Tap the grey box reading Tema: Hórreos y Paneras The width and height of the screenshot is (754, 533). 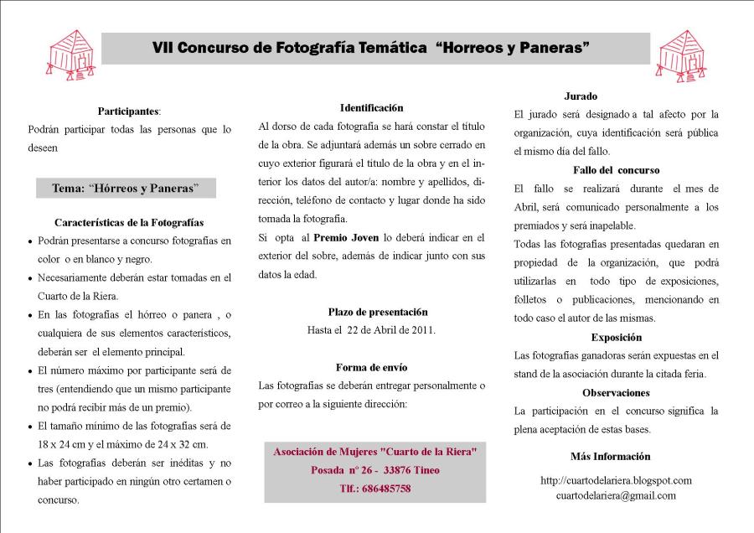click(126, 189)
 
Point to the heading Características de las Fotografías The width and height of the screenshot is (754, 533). click(129, 223)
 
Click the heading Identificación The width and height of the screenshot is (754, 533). click(371, 107)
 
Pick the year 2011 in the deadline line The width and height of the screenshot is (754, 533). click(421, 330)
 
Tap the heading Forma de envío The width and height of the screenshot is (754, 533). click(371, 367)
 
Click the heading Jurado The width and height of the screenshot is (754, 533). click(581, 96)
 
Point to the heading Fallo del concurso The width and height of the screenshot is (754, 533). click(616, 170)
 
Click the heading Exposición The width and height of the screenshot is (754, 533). click(616, 338)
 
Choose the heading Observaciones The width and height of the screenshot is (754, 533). click(616, 392)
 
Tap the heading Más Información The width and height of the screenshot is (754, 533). click(610, 457)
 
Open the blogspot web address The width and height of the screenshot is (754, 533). click(616, 480)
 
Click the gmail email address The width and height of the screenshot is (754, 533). click(616, 495)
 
